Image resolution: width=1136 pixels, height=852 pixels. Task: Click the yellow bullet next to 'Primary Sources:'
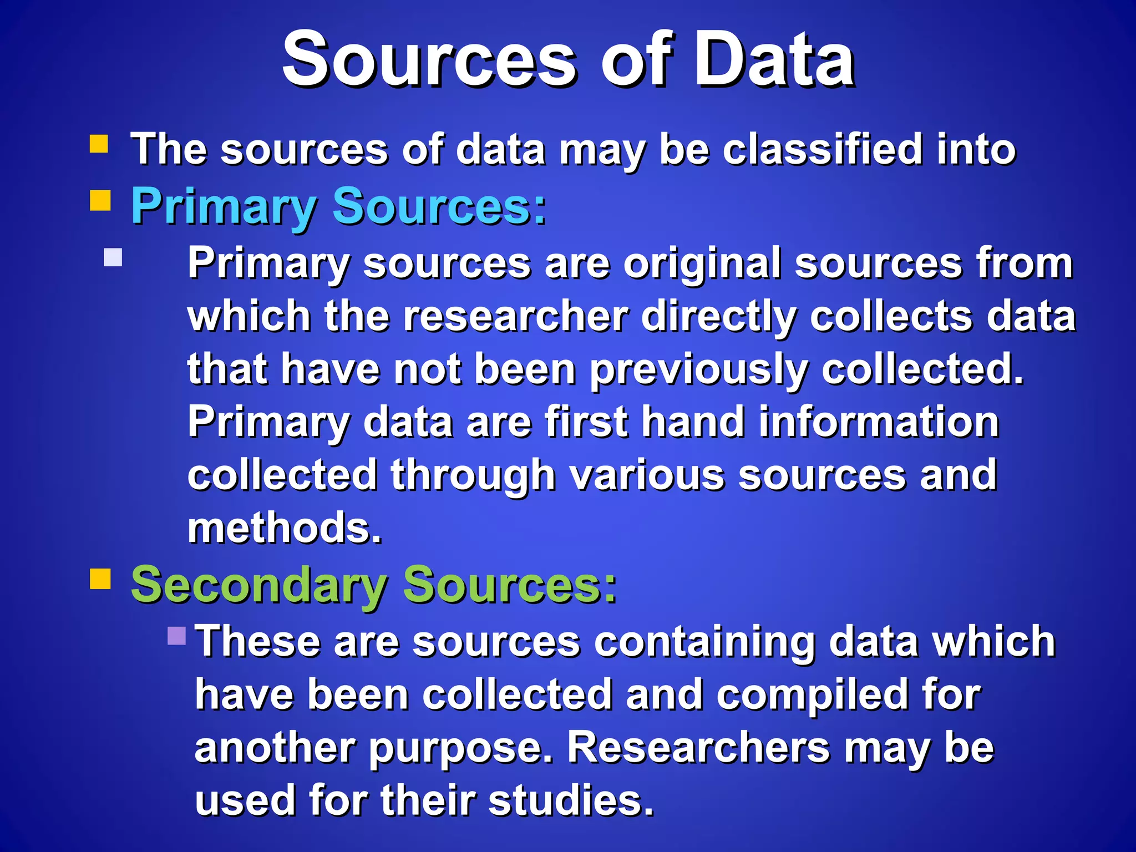click(x=100, y=200)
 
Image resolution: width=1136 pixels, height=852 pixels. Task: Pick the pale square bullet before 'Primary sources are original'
click(x=113, y=257)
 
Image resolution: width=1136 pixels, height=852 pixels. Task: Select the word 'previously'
click(x=698, y=371)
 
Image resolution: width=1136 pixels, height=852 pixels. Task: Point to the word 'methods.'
click(x=285, y=528)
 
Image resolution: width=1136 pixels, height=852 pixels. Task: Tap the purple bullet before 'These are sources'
click(x=176, y=636)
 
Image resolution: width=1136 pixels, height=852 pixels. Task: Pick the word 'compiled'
click(x=812, y=696)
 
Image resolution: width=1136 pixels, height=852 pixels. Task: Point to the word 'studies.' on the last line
click(x=571, y=801)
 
